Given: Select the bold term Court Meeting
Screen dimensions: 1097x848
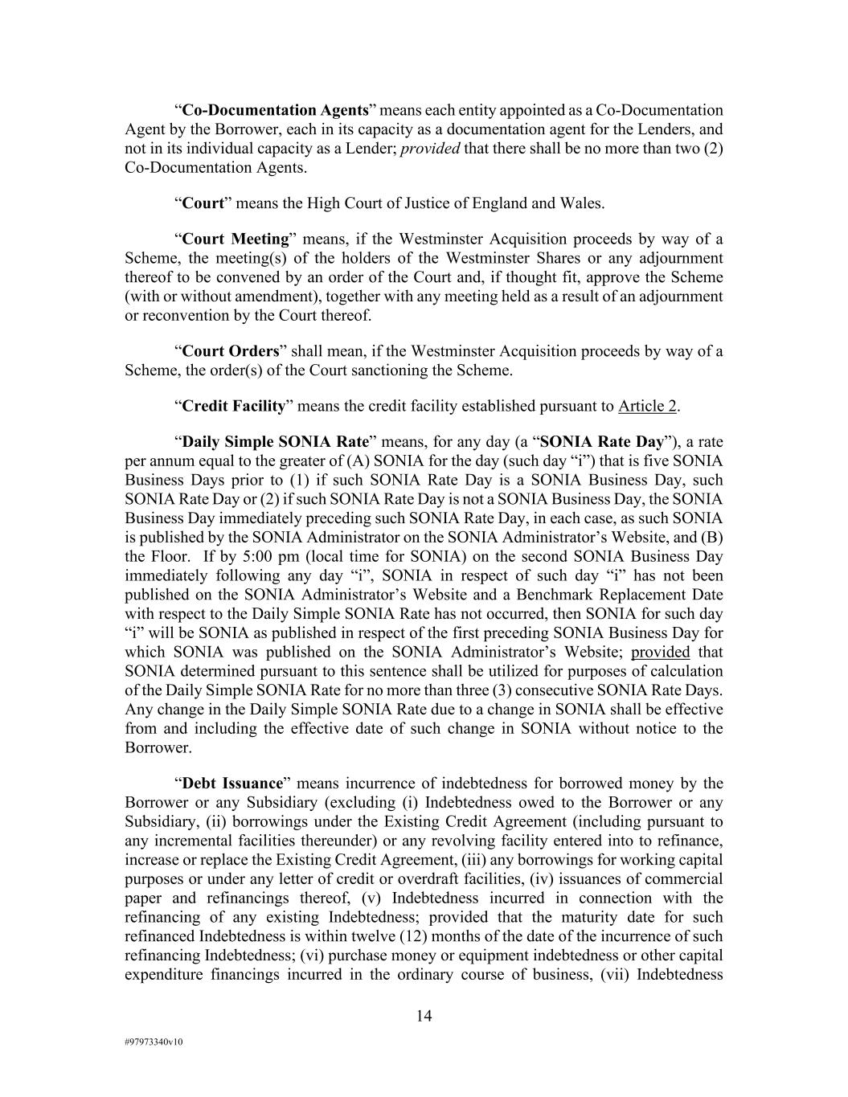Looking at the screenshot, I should [236, 239].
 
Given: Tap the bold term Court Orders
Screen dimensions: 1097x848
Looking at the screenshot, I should [231, 351].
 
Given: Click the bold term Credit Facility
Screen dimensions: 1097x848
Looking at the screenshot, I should [234, 406].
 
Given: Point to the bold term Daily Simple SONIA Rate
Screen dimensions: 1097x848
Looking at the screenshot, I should [276, 442].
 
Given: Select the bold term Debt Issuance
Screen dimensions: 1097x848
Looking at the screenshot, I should [233, 784].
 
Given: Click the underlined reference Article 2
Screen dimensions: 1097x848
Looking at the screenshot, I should [647, 406].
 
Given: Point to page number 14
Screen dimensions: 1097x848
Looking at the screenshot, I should [424, 1017].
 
